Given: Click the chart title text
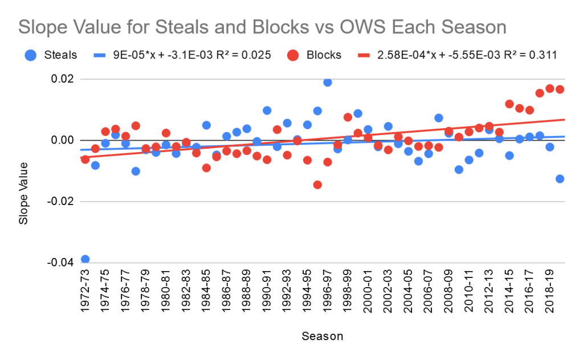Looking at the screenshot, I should coord(262,27).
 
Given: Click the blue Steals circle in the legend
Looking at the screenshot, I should coord(31,55).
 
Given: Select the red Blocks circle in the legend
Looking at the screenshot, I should coord(292,55).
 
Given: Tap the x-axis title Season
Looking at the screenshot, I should coord(323,336).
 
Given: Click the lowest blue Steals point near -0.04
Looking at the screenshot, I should coord(85,259).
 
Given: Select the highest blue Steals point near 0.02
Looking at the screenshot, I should coord(328,82).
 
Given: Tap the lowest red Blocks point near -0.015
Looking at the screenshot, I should coord(317,185).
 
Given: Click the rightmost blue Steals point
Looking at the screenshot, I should coord(560,179).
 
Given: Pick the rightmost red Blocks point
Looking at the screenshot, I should coord(560,89).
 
